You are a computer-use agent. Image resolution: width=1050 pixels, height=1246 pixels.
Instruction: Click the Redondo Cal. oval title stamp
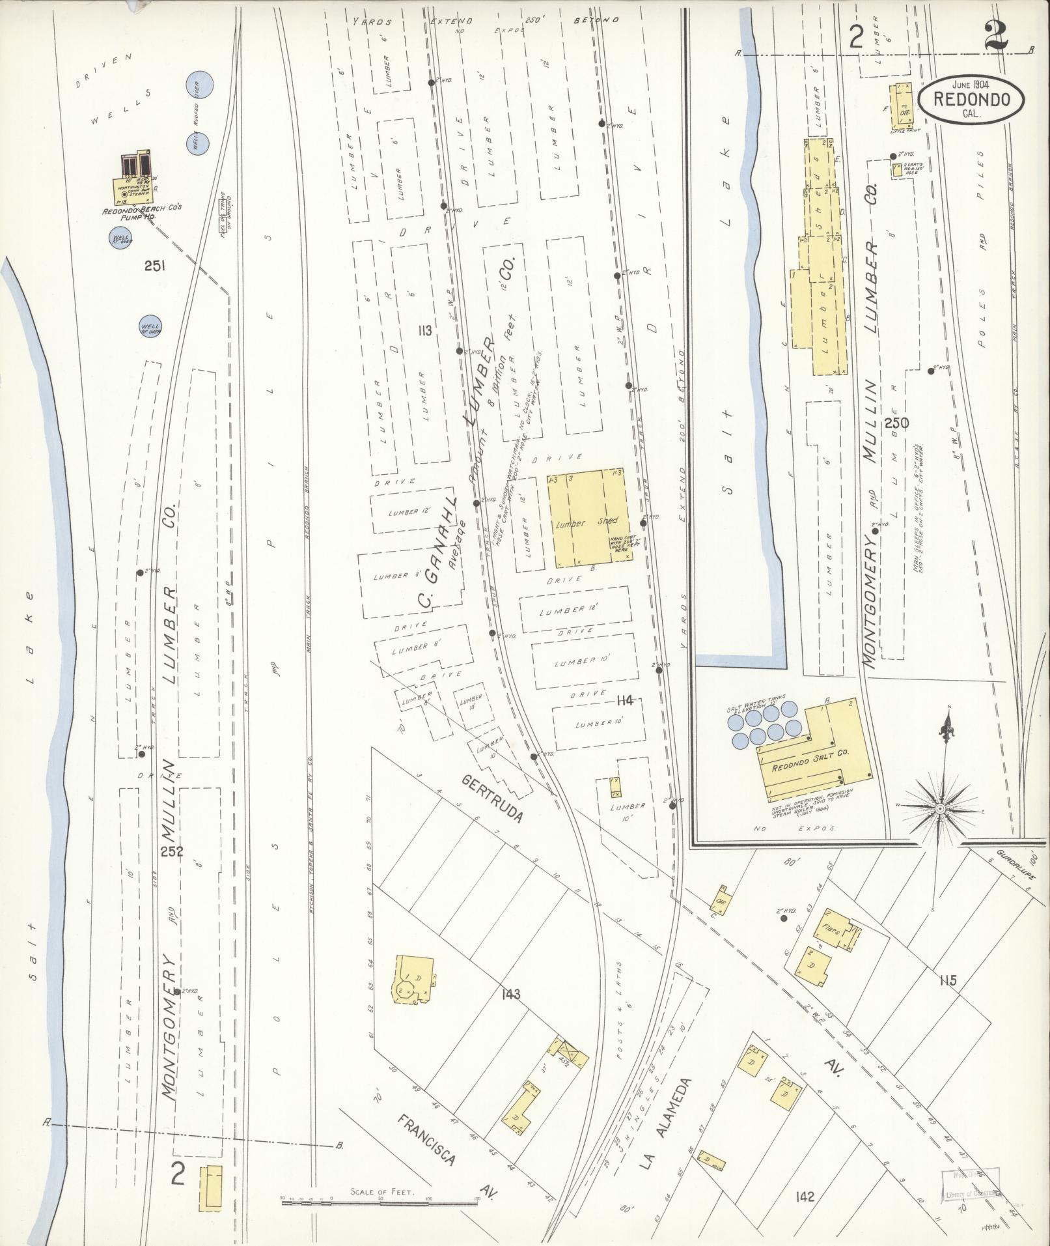(971, 98)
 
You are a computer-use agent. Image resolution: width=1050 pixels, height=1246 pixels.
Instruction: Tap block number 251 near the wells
(156, 266)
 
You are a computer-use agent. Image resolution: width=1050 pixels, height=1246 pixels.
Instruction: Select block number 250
(897, 423)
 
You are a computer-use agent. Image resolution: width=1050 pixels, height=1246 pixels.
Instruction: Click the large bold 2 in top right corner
(995, 38)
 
